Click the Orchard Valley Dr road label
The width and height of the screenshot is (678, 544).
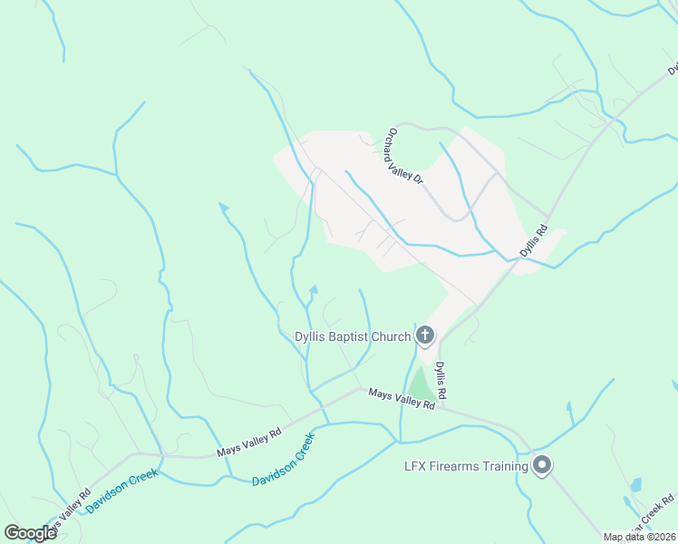click(x=406, y=156)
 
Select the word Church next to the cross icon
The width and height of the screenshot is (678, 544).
click(x=393, y=337)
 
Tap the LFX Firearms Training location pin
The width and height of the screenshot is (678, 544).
click(x=542, y=465)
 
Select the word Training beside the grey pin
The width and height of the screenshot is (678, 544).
click(x=507, y=467)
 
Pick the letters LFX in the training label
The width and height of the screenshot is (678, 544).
click(x=415, y=467)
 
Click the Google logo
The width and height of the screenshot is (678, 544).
click(x=30, y=533)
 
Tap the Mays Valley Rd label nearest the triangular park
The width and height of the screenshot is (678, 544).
click(x=402, y=399)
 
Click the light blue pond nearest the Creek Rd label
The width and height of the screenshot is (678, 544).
click(x=635, y=485)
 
